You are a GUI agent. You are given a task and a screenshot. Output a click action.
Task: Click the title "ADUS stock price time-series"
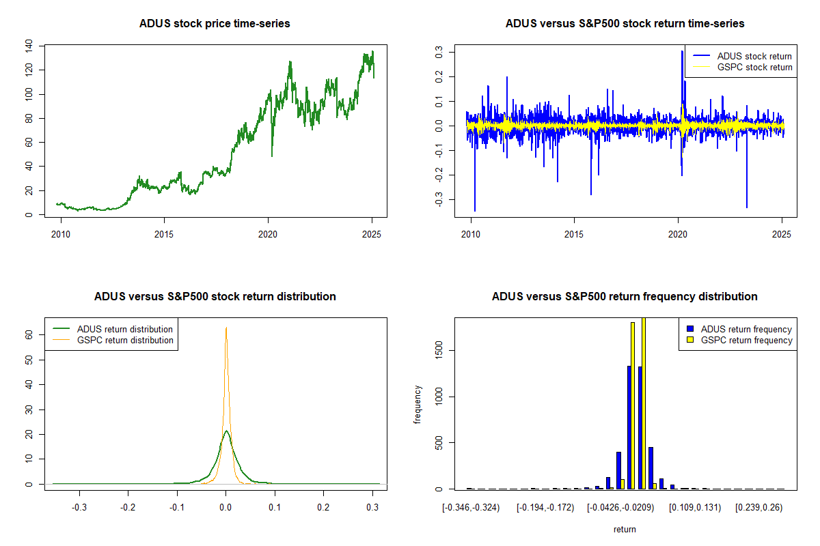(215, 24)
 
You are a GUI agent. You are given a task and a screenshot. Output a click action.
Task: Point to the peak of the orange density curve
(225, 328)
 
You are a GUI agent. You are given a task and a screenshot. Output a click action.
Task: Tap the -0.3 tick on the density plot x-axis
(79, 507)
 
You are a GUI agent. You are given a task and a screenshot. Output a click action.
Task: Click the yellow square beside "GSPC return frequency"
(690, 340)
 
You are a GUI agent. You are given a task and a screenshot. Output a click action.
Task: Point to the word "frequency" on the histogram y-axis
(418, 405)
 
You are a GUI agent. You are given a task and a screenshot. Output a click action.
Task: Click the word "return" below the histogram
(625, 529)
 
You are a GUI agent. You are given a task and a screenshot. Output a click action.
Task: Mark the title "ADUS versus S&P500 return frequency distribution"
(625, 297)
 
